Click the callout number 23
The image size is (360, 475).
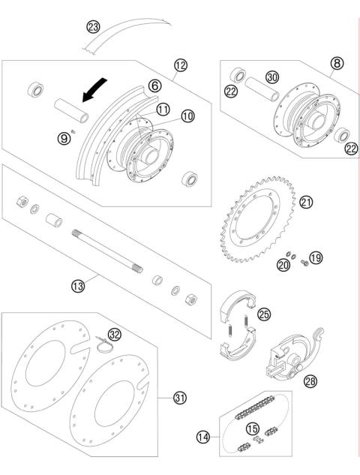click(x=94, y=28)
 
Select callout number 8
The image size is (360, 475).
click(x=336, y=65)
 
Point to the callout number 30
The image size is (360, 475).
click(x=271, y=77)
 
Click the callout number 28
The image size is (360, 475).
click(x=310, y=382)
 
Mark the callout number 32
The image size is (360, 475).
click(x=114, y=334)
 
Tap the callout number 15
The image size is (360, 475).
click(x=252, y=428)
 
